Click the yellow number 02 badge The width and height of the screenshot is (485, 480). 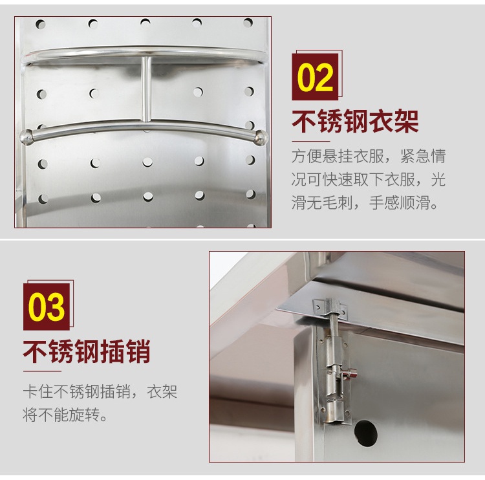click(315, 77)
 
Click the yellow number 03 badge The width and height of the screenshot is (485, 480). click(47, 307)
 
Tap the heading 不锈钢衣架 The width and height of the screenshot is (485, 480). click(355, 121)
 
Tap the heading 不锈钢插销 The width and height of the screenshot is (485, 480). click(87, 351)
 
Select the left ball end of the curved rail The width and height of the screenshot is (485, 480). click(26, 136)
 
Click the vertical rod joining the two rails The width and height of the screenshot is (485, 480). click(146, 89)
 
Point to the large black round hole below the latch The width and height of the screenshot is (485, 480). click(365, 433)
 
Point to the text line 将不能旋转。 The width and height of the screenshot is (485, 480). click(65, 415)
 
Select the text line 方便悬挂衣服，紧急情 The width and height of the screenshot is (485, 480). click(369, 156)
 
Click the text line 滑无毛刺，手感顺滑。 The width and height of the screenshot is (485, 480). click(365, 202)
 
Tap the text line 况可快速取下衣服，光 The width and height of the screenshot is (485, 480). click(369, 179)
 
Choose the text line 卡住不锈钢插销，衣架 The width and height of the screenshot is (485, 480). click(100, 391)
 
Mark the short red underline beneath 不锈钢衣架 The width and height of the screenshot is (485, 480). click(311, 141)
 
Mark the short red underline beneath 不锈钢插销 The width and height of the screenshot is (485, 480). click(43, 371)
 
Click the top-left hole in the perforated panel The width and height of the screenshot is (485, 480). click(41, 24)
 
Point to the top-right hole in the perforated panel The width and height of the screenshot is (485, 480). click(248, 22)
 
